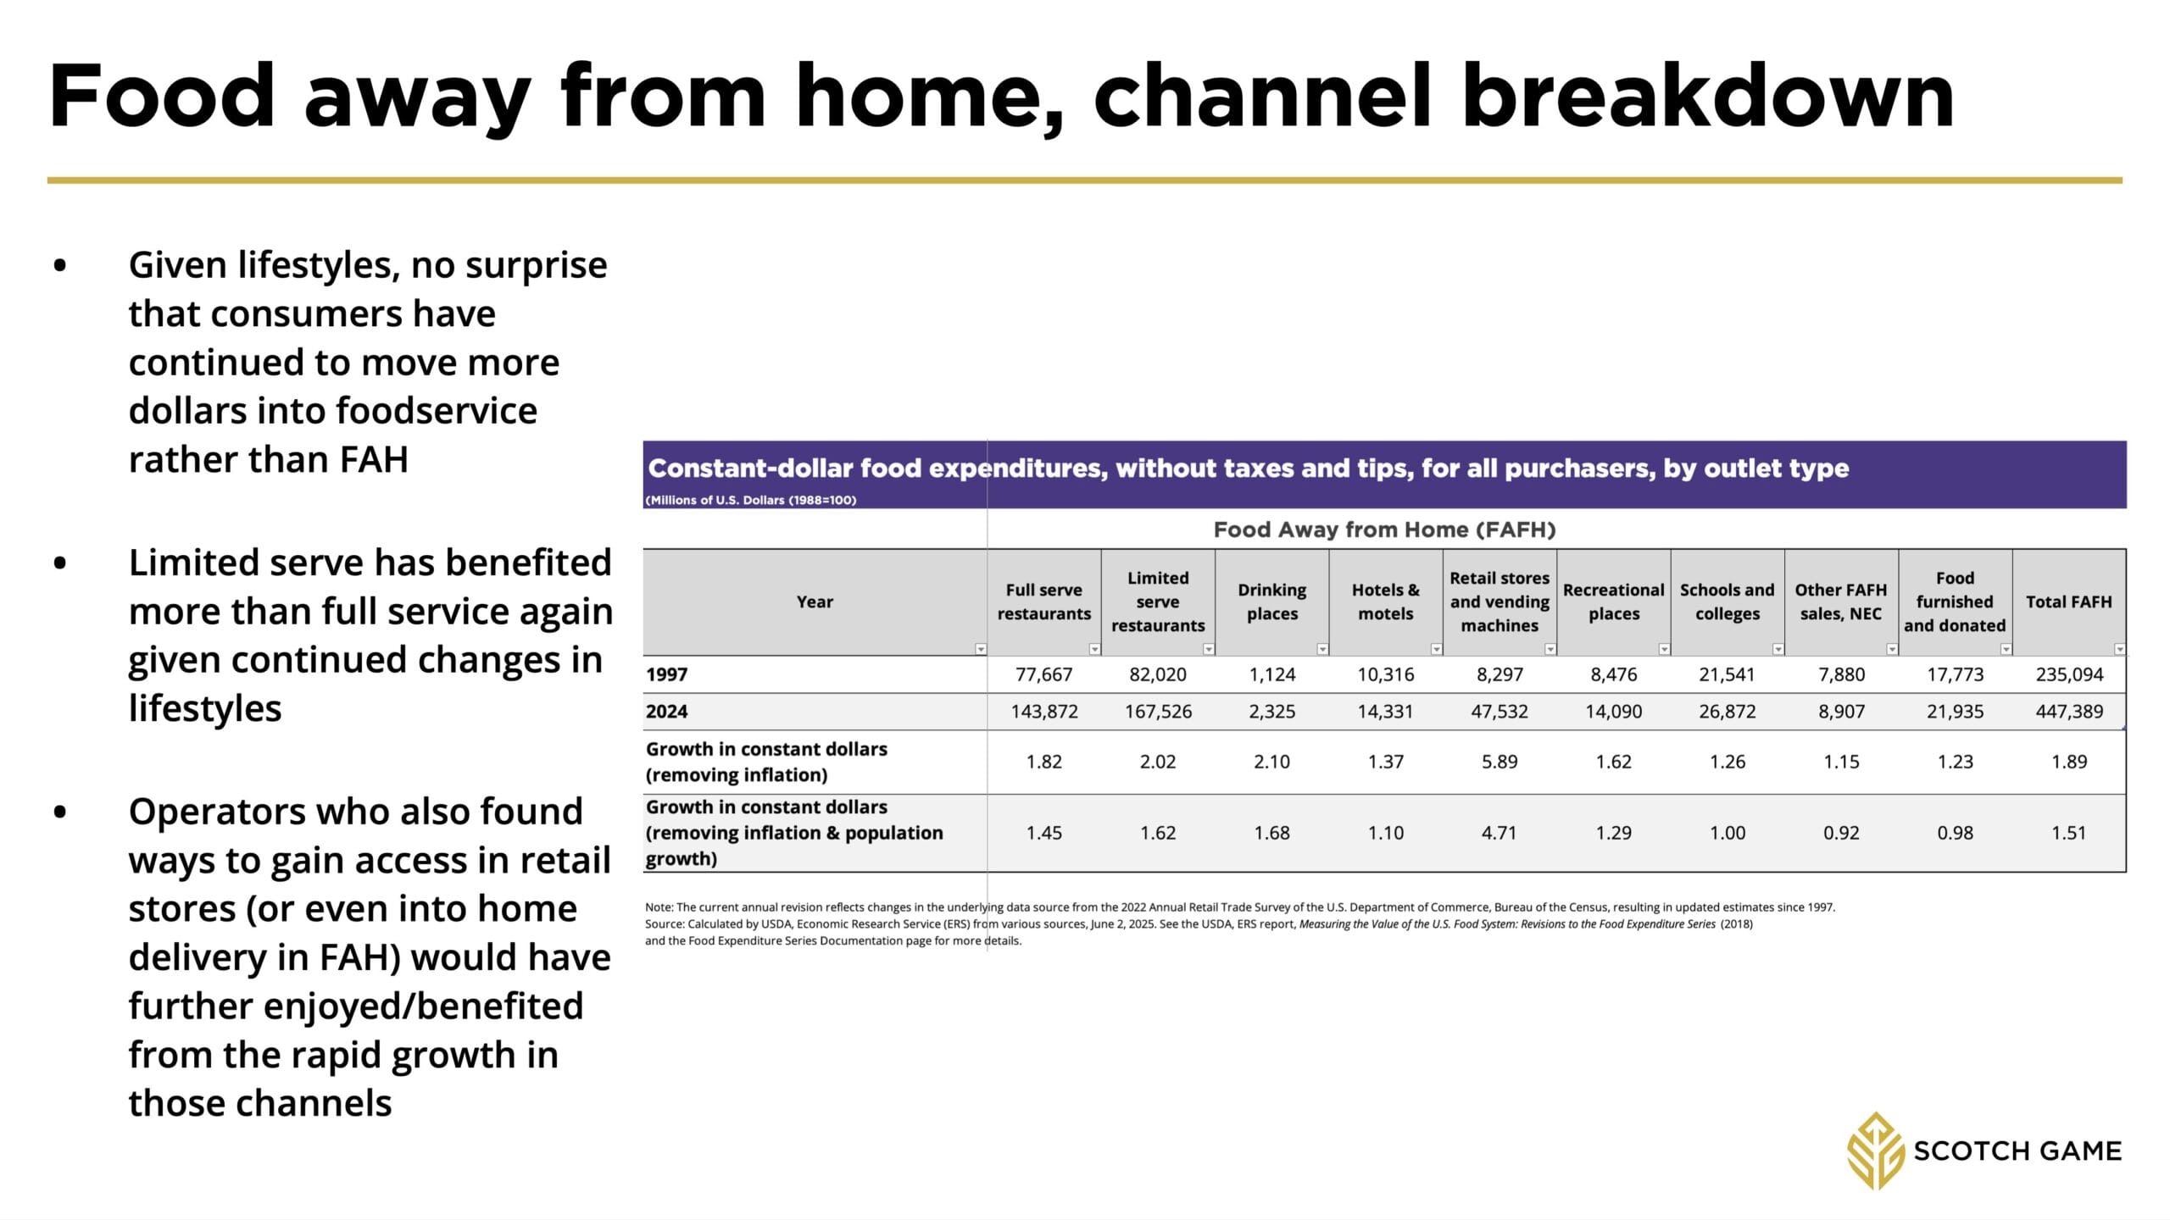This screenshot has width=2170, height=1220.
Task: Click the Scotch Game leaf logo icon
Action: click(x=1876, y=1151)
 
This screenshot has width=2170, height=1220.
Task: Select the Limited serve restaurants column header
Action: click(x=1158, y=602)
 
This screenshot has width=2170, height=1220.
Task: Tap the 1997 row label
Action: click(x=667, y=674)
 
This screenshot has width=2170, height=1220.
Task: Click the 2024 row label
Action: click(x=667, y=712)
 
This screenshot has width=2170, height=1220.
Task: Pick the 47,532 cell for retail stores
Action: click(x=1500, y=712)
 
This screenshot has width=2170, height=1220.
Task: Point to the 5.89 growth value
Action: click(x=1500, y=762)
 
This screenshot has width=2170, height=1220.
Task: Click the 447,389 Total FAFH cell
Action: click(x=2069, y=712)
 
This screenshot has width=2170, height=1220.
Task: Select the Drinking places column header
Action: click(x=1271, y=602)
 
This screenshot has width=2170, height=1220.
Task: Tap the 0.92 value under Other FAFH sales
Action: click(x=1841, y=833)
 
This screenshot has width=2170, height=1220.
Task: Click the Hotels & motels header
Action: click(x=1386, y=602)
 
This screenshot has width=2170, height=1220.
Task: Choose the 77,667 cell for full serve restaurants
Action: click(x=1043, y=674)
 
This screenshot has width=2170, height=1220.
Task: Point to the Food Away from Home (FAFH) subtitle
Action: click(x=1384, y=530)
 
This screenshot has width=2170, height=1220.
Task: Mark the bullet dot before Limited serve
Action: click(x=59, y=563)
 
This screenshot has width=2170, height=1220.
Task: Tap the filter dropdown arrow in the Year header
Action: click(x=981, y=649)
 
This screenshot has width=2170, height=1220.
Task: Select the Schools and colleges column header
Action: click(x=1727, y=602)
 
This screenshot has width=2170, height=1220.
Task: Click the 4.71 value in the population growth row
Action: click(x=1500, y=833)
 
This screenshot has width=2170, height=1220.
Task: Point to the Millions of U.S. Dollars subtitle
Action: click(x=751, y=500)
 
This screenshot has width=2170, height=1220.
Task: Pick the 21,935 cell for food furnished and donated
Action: click(x=1955, y=712)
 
